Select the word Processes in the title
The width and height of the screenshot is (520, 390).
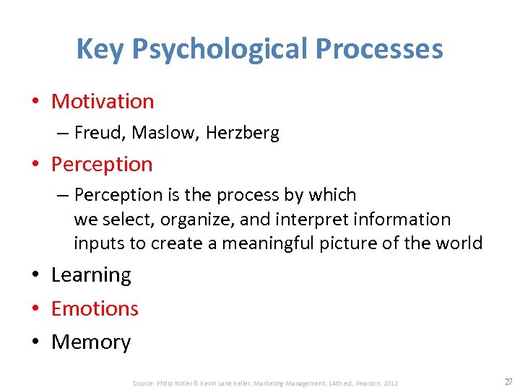pos(379,50)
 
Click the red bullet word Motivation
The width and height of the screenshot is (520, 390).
pos(103,101)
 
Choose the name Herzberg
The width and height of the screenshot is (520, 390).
pos(242,133)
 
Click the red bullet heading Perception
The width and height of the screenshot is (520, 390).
pos(102,164)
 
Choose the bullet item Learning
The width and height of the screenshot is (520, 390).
pos(91,275)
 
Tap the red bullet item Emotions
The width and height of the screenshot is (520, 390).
pos(95,308)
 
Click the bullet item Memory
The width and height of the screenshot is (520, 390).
pos(91,342)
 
